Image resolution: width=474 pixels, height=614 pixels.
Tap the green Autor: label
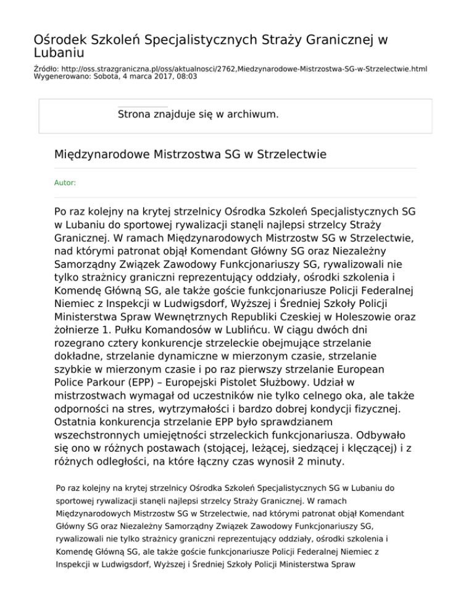(65, 183)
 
